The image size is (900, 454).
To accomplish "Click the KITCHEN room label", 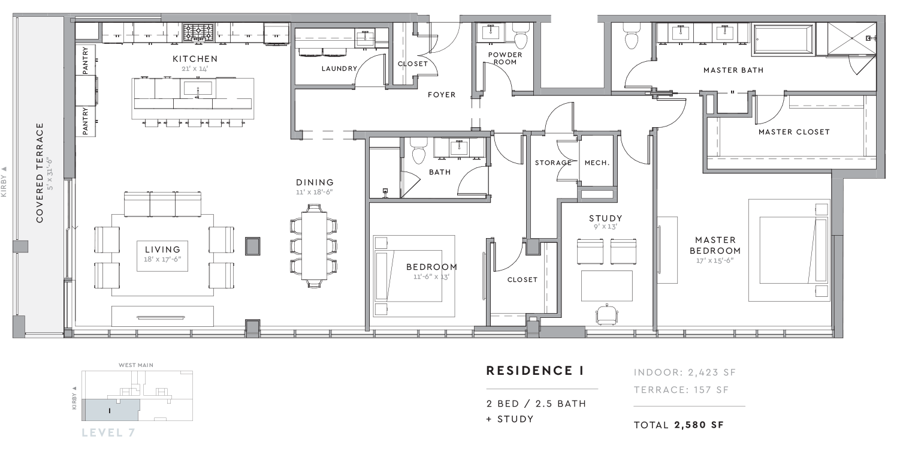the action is tap(195, 59).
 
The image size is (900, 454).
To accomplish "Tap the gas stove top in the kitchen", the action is tap(198, 32).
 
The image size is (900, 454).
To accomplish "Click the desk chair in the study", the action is tap(607, 314).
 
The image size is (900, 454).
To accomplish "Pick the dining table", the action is tap(314, 245).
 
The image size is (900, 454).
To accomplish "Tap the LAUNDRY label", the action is tap(340, 68).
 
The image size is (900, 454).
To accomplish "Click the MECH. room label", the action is tap(597, 163).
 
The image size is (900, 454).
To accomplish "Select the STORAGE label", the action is tap(553, 163).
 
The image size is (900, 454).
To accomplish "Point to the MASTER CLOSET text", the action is tap(794, 132).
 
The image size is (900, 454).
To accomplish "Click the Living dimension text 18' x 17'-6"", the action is tap(162, 259).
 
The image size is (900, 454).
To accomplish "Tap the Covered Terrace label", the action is tap(40, 173).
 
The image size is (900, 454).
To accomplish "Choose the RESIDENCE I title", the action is tap(534, 371).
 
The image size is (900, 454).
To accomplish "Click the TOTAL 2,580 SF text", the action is tap(679, 425).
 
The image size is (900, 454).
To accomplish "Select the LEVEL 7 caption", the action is tap(108, 432).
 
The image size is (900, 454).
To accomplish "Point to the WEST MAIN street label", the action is tap(136, 365).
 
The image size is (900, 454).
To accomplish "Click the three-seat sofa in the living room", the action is tap(162, 205).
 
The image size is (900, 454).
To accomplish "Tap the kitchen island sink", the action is tap(198, 88).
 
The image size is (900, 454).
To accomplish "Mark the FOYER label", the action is tap(442, 95).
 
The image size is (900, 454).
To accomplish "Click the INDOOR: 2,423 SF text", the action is tap(685, 372).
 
